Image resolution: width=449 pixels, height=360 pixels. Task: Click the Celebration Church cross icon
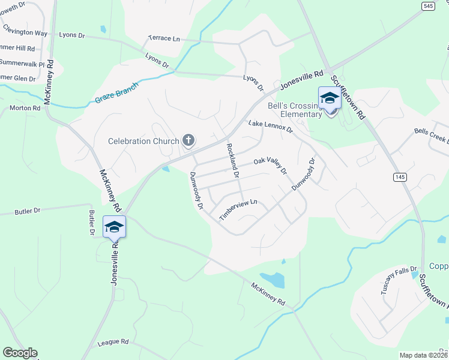coord(188,141)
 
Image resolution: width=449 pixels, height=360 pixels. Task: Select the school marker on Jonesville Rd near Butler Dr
coord(114,227)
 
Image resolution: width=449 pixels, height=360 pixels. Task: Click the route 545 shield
coord(428,6)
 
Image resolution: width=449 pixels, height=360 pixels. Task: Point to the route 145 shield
coord(400,177)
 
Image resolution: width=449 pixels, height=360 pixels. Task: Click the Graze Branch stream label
coord(116,93)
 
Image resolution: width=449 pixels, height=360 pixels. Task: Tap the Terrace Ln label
coord(164,38)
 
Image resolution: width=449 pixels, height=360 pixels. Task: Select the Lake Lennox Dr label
coord(270,126)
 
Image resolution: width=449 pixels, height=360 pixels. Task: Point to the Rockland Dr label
coord(232,161)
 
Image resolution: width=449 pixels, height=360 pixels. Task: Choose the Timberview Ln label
coord(238,209)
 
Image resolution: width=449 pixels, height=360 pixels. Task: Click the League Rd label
coord(113,342)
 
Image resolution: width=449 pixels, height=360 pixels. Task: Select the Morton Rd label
coord(25,108)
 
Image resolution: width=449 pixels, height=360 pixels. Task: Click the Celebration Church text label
coord(143,142)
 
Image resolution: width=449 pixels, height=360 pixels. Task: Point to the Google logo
coord(20,353)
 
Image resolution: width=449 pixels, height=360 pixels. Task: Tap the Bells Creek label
coord(431,135)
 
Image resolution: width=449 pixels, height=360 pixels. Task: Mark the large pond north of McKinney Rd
coord(273,280)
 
